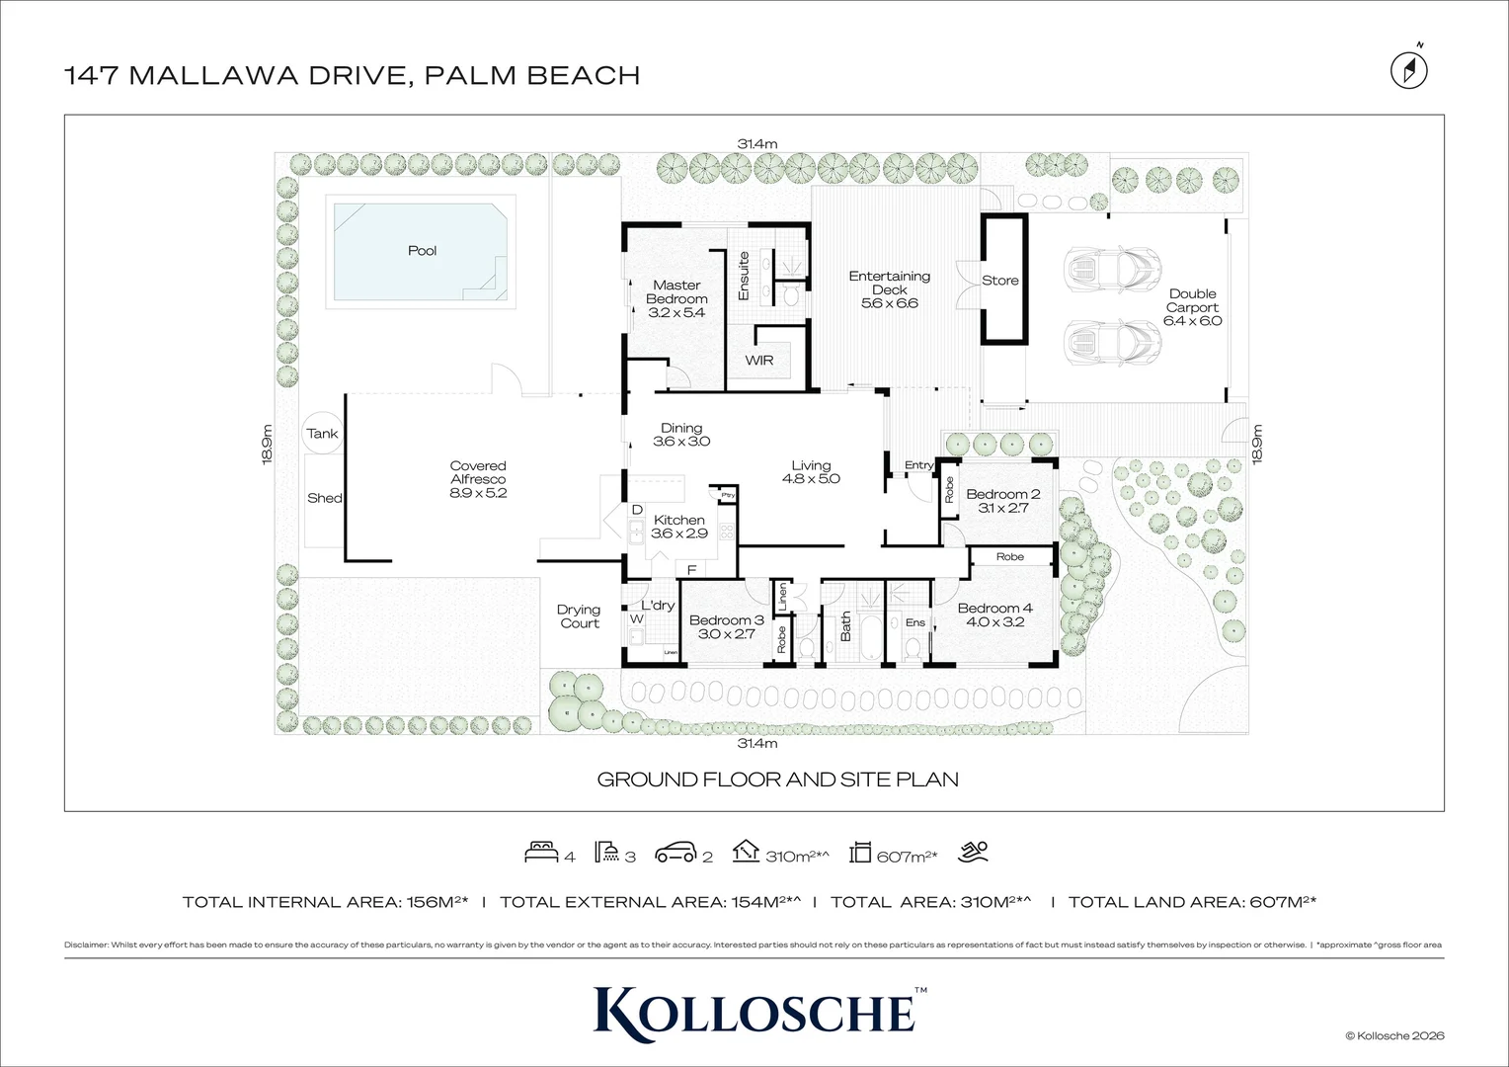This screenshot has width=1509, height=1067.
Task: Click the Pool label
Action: [x=422, y=251]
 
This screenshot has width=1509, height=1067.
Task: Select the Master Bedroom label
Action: [x=676, y=298]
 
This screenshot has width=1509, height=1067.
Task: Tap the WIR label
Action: [x=759, y=361]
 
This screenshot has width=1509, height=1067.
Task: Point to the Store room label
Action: [x=999, y=281]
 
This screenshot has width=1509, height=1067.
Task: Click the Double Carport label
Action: [x=1192, y=306]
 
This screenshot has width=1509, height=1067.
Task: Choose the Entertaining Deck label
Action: [x=889, y=289]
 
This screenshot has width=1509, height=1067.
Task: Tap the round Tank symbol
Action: [x=321, y=433]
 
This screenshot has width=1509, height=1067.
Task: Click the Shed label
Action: [x=324, y=498]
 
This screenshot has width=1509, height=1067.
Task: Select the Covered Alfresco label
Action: [x=478, y=479]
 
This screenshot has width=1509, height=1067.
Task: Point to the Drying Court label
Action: [x=579, y=616]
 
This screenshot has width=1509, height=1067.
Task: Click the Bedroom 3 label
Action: [x=727, y=626]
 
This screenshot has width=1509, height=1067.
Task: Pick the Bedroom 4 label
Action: [x=994, y=615]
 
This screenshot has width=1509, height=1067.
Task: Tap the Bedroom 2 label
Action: [x=1002, y=501]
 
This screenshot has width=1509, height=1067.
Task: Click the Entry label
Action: [x=918, y=465]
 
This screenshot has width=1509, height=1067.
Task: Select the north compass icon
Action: [x=1409, y=69]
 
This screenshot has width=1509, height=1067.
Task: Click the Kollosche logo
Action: [x=754, y=1011]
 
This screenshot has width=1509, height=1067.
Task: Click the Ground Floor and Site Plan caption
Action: [x=777, y=780]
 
